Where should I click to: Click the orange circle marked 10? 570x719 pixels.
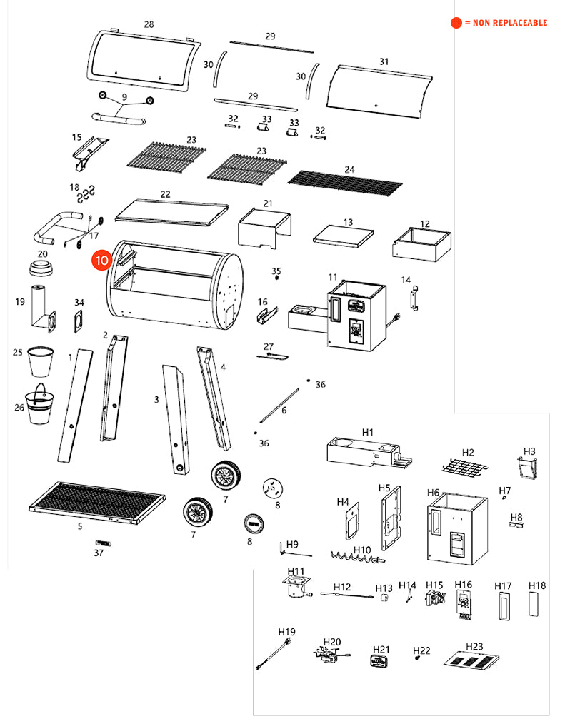[100, 261]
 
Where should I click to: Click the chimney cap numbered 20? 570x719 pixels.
[43, 268]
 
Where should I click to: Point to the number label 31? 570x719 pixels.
[384, 62]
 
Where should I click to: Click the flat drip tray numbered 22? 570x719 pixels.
[171, 209]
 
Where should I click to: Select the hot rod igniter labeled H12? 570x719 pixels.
[348, 594]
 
